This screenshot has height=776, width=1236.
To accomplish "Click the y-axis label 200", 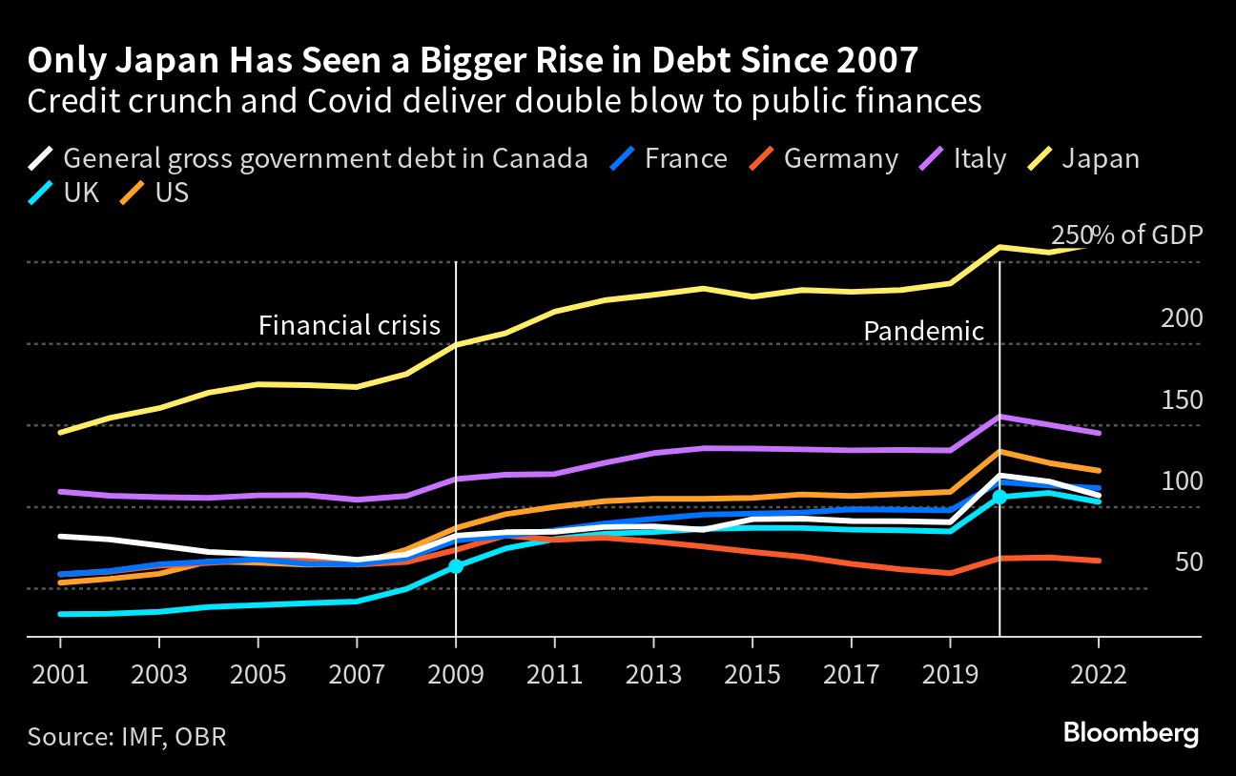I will pos(1182,318).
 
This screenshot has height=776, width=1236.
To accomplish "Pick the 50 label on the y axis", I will pos(1187,562).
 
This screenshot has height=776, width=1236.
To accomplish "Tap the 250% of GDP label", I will pos(1126,235).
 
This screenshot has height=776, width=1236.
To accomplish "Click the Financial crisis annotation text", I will pos(349,326).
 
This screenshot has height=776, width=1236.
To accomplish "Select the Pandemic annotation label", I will pos(923,332).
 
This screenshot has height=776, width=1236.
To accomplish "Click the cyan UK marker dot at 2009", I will pos(456,566).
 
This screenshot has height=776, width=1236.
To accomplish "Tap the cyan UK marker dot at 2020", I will pos(999,497).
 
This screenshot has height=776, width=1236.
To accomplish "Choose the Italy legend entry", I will pos(963,158).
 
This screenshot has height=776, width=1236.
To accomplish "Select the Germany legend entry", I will pos(825,158).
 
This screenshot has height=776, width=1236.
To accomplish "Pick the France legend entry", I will pos(669,158).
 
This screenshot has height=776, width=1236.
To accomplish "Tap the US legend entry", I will pos(157,192).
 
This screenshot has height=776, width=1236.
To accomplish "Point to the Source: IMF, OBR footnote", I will pos(127,737).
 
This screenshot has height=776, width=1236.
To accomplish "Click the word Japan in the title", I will pos(138,61).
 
